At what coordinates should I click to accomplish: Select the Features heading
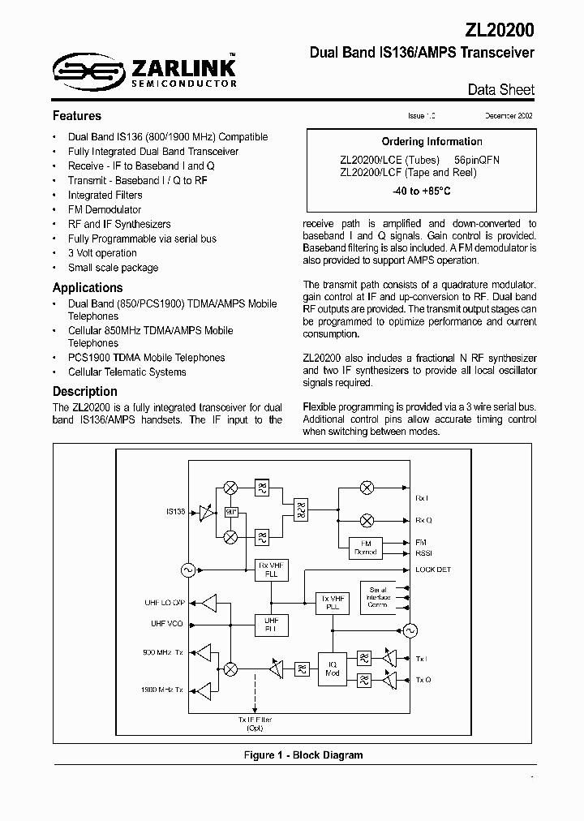77,116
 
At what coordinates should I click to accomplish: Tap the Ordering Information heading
420,142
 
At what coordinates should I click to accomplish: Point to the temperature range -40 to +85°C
420,191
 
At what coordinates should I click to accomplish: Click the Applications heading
88,288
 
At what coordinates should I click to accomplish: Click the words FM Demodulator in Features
105,210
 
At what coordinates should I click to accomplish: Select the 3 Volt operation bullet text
102,253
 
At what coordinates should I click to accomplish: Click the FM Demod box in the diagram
366,548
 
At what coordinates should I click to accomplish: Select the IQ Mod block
332,667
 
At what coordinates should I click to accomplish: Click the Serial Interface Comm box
378,597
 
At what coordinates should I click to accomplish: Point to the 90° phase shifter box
231,512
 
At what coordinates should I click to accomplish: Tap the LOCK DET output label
433,570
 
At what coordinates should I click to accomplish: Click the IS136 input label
176,512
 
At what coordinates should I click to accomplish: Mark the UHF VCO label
168,623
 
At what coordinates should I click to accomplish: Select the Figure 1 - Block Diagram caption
303,755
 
